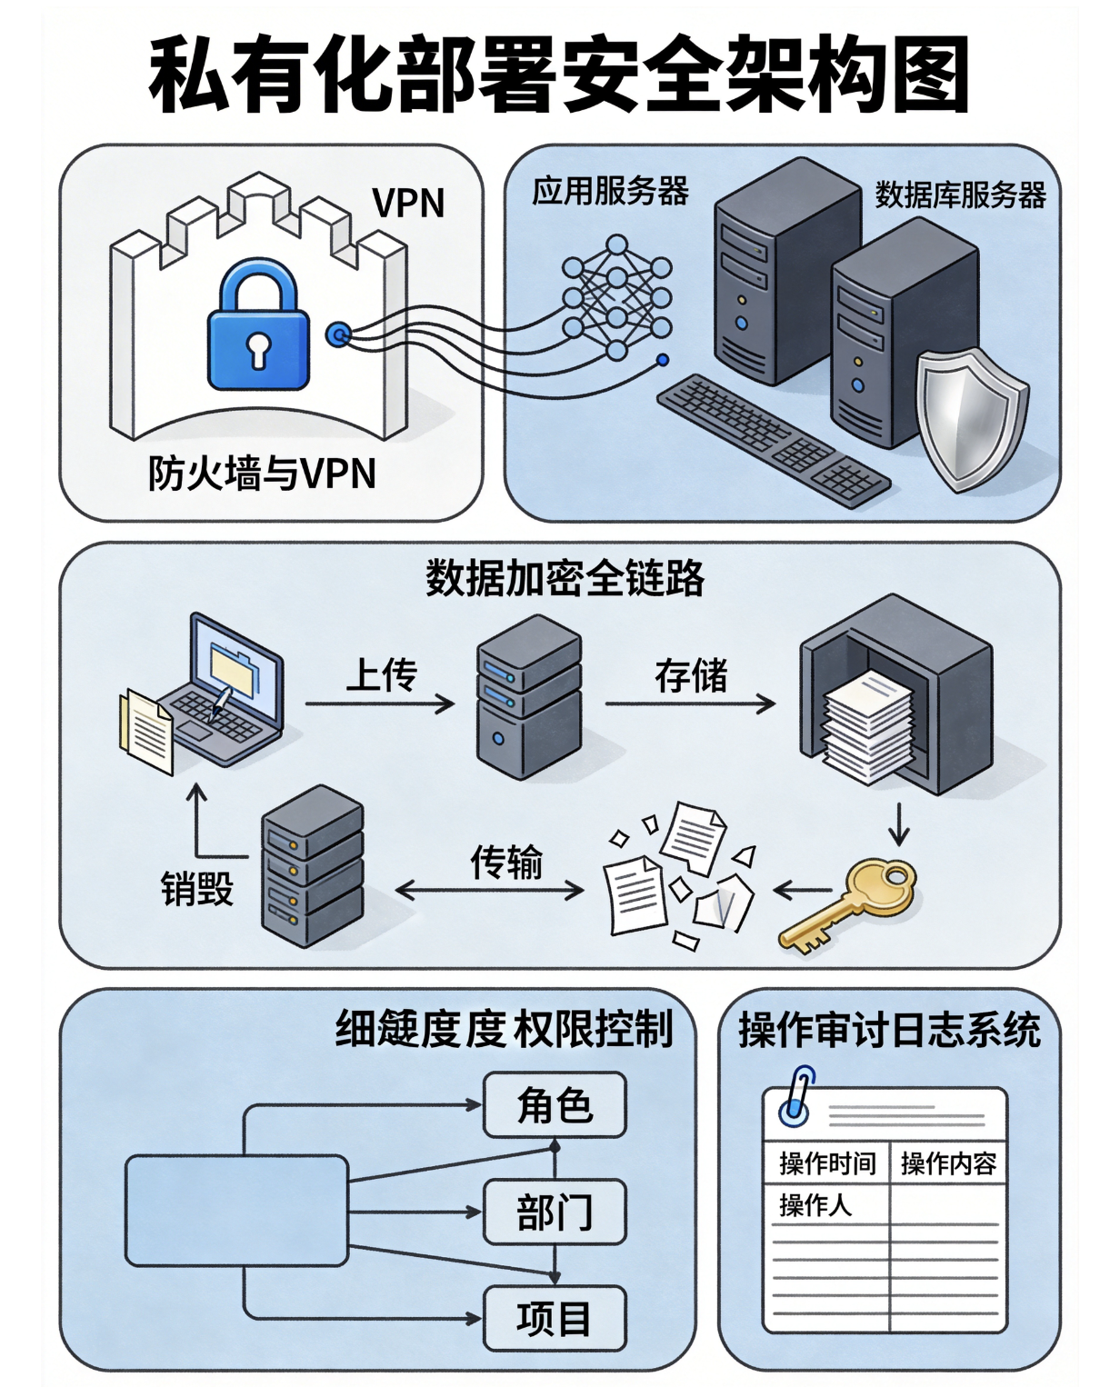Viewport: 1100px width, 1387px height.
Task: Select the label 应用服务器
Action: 610,192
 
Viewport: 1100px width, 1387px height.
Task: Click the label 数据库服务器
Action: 960,195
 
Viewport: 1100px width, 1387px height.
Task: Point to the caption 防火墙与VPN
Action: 262,474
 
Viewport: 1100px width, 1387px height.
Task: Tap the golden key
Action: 851,903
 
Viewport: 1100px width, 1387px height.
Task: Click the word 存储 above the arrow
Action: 691,676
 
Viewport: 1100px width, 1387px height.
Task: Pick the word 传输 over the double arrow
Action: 506,862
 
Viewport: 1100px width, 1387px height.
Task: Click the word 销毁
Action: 196,888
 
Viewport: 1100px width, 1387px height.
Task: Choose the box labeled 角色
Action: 555,1105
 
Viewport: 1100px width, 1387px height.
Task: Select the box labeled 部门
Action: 555,1212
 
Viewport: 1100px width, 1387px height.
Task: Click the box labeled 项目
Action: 555,1318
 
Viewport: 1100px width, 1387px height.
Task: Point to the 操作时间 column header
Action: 826,1163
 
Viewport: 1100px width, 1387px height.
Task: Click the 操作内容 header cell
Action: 948,1163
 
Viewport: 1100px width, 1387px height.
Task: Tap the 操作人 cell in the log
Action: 815,1205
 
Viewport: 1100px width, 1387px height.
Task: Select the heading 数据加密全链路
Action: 565,577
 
